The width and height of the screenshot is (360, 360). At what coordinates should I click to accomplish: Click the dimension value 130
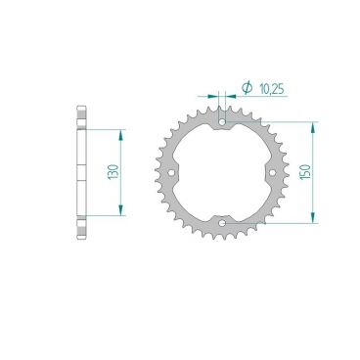115,172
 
